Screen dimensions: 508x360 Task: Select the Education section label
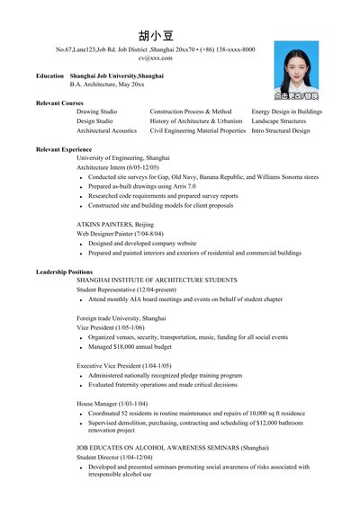click(x=49, y=76)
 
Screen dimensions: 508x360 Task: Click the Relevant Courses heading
click(x=59, y=102)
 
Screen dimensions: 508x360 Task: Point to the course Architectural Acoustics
click(x=106, y=130)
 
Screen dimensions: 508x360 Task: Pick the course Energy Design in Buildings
click(x=286, y=111)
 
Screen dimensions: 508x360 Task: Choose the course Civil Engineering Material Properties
click(x=197, y=130)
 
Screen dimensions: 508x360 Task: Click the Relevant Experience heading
click(x=64, y=148)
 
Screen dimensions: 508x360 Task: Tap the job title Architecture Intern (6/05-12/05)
click(x=117, y=167)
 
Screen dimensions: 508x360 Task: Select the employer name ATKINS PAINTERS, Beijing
click(x=115, y=223)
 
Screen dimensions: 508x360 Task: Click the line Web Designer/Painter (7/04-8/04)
click(x=120, y=233)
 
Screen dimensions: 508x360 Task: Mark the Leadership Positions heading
click(x=64, y=271)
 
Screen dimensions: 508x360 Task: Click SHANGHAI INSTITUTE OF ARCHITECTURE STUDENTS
click(x=157, y=281)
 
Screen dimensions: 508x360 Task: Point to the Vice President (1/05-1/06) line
click(x=111, y=327)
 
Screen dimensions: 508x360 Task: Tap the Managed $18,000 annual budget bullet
click(x=130, y=346)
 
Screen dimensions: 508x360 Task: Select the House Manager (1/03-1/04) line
click(x=112, y=404)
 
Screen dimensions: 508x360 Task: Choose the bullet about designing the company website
click(x=142, y=243)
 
